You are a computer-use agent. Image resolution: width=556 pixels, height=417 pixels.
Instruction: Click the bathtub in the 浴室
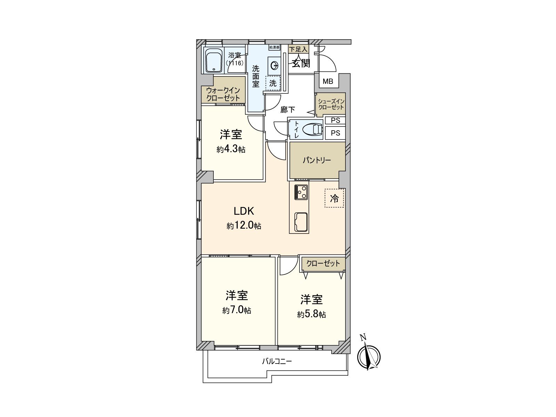pyautogui.click(x=214, y=60)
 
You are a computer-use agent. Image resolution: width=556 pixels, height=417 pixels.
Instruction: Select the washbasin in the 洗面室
pyautogui.click(x=275, y=65)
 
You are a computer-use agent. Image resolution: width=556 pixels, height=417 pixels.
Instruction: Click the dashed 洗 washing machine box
pyautogui.click(x=273, y=83)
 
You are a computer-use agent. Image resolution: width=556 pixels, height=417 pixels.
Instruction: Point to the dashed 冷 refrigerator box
pyautogui.click(x=334, y=198)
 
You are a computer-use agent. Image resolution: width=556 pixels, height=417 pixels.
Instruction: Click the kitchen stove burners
pyautogui.click(x=301, y=192)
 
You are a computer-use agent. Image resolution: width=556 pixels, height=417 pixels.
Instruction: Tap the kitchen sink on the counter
pyautogui.click(x=301, y=222)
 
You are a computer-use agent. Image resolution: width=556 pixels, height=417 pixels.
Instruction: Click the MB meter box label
pyautogui.click(x=328, y=82)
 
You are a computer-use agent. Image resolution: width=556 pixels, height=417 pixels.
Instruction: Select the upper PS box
pyautogui.click(x=335, y=121)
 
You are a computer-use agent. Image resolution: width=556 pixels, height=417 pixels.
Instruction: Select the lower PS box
pyautogui.click(x=335, y=133)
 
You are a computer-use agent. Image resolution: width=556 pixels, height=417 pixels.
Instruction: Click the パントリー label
pyautogui.click(x=317, y=160)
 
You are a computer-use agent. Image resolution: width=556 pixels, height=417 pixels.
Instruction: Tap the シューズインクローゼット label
pyautogui.click(x=331, y=104)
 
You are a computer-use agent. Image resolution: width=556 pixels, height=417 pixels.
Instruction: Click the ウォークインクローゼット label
pyautogui.click(x=223, y=94)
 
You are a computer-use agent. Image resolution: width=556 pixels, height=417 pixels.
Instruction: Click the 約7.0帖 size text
pyautogui.click(x=237, y=310)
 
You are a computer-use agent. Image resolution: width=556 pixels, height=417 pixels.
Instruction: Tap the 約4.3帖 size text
pyautogui.click(x=231, y=149)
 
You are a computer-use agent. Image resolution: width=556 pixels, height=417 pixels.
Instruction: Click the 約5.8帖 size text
pyautogui.click(x=311, y=314)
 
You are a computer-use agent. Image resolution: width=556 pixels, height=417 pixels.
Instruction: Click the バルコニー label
pyautogui.click(x=277, y=361)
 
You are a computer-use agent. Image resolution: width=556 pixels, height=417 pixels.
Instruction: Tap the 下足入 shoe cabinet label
pyautogui.click(x=299, y=49)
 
